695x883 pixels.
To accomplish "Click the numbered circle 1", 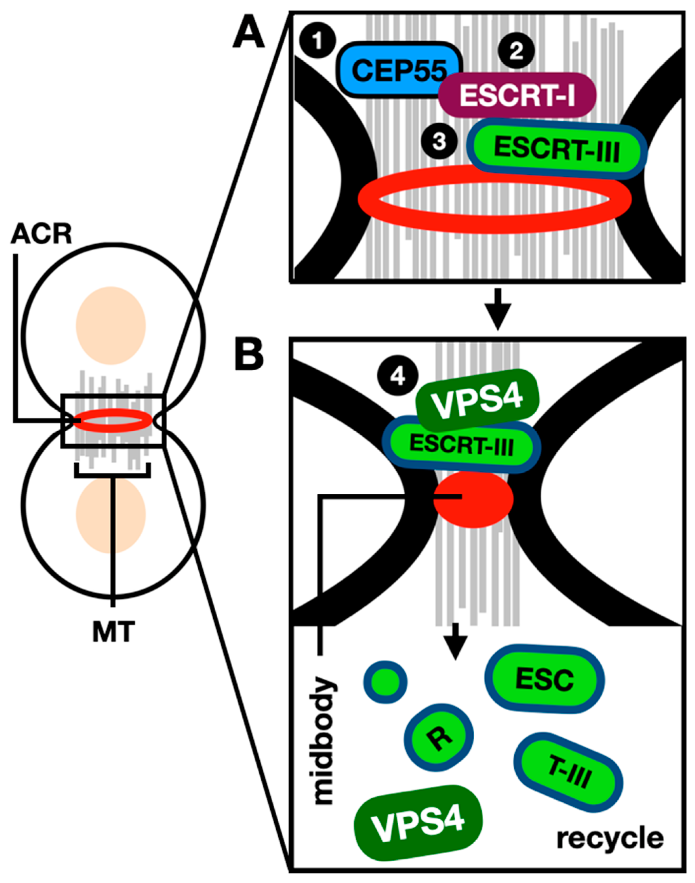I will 317,41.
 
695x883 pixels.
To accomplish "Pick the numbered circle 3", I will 439,142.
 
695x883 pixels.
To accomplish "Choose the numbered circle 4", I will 398,377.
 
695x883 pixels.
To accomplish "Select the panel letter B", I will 249,355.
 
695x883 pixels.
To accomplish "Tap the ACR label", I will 41,235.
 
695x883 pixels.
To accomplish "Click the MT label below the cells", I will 113,633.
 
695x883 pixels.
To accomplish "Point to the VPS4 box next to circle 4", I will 477,400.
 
